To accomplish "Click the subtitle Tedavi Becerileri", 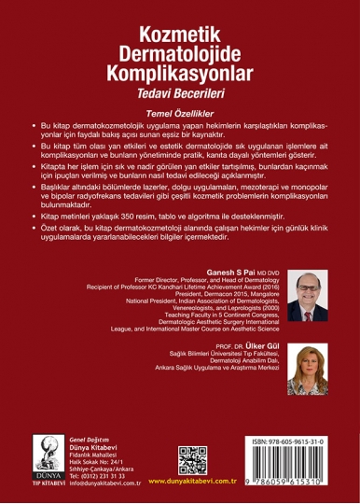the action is [180, 95].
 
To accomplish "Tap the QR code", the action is [192, 461].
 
